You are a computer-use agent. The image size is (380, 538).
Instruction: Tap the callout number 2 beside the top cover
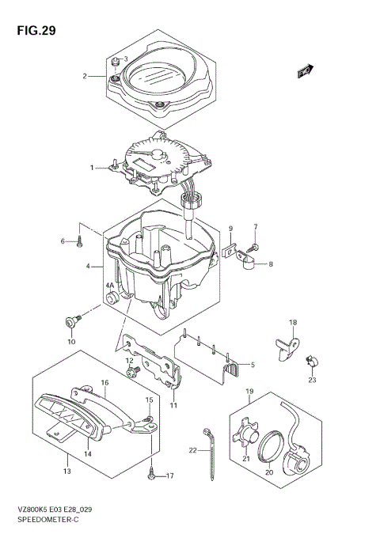coord(84,77)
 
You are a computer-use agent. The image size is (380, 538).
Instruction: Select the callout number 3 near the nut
coord(124,59)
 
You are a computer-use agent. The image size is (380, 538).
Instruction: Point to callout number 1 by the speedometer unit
coord(92,168)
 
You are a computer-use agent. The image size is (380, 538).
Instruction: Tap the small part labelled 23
coord(310,362)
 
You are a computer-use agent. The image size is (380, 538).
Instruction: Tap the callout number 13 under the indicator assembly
coord(67,472)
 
